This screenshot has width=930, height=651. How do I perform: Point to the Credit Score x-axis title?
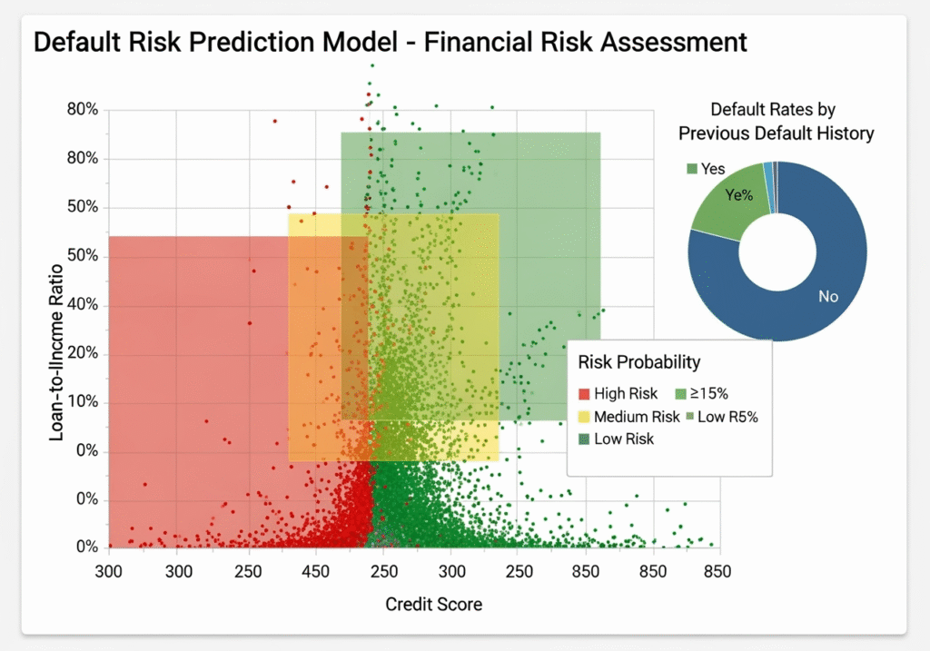click(434, 604)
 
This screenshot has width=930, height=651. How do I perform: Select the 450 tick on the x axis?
click(316, 572)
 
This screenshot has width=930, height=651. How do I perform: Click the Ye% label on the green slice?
click(740, 194)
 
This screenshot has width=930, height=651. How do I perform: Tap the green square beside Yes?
click(691, 168)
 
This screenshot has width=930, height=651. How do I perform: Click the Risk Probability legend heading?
click(639, 362)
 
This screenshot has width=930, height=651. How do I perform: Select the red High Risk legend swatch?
click(584, 394)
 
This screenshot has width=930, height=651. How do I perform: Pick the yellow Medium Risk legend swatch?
click(584, 417)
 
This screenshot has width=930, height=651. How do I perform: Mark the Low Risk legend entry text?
click(624, 439)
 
